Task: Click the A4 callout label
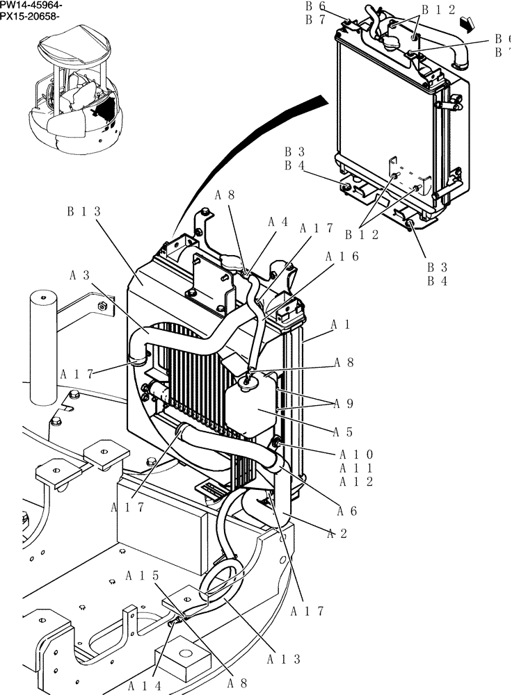(278, 222)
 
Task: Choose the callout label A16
(341, 256)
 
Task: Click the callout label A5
(345, 432)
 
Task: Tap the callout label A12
(356, 482)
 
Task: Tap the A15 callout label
(143, 575)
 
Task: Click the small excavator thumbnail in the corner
(73, 90)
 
